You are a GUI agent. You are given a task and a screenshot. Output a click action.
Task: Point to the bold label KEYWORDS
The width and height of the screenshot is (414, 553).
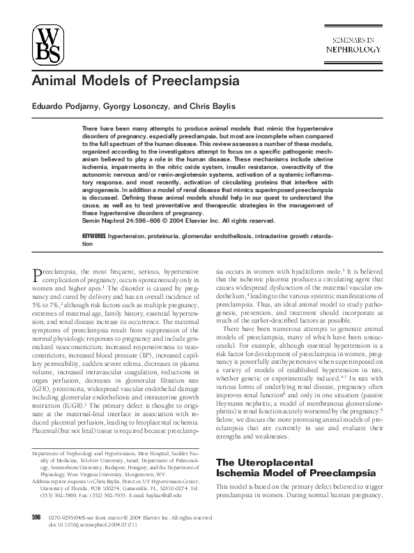94,237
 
